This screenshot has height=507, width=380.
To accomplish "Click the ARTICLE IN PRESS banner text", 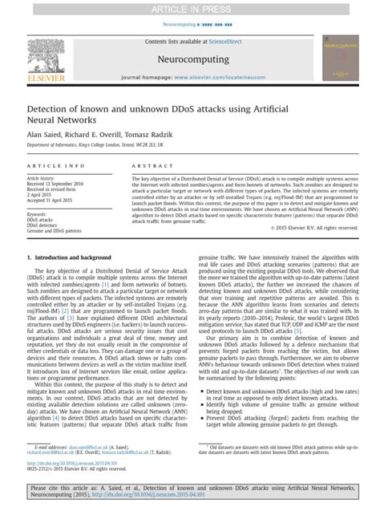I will (190, 8).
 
